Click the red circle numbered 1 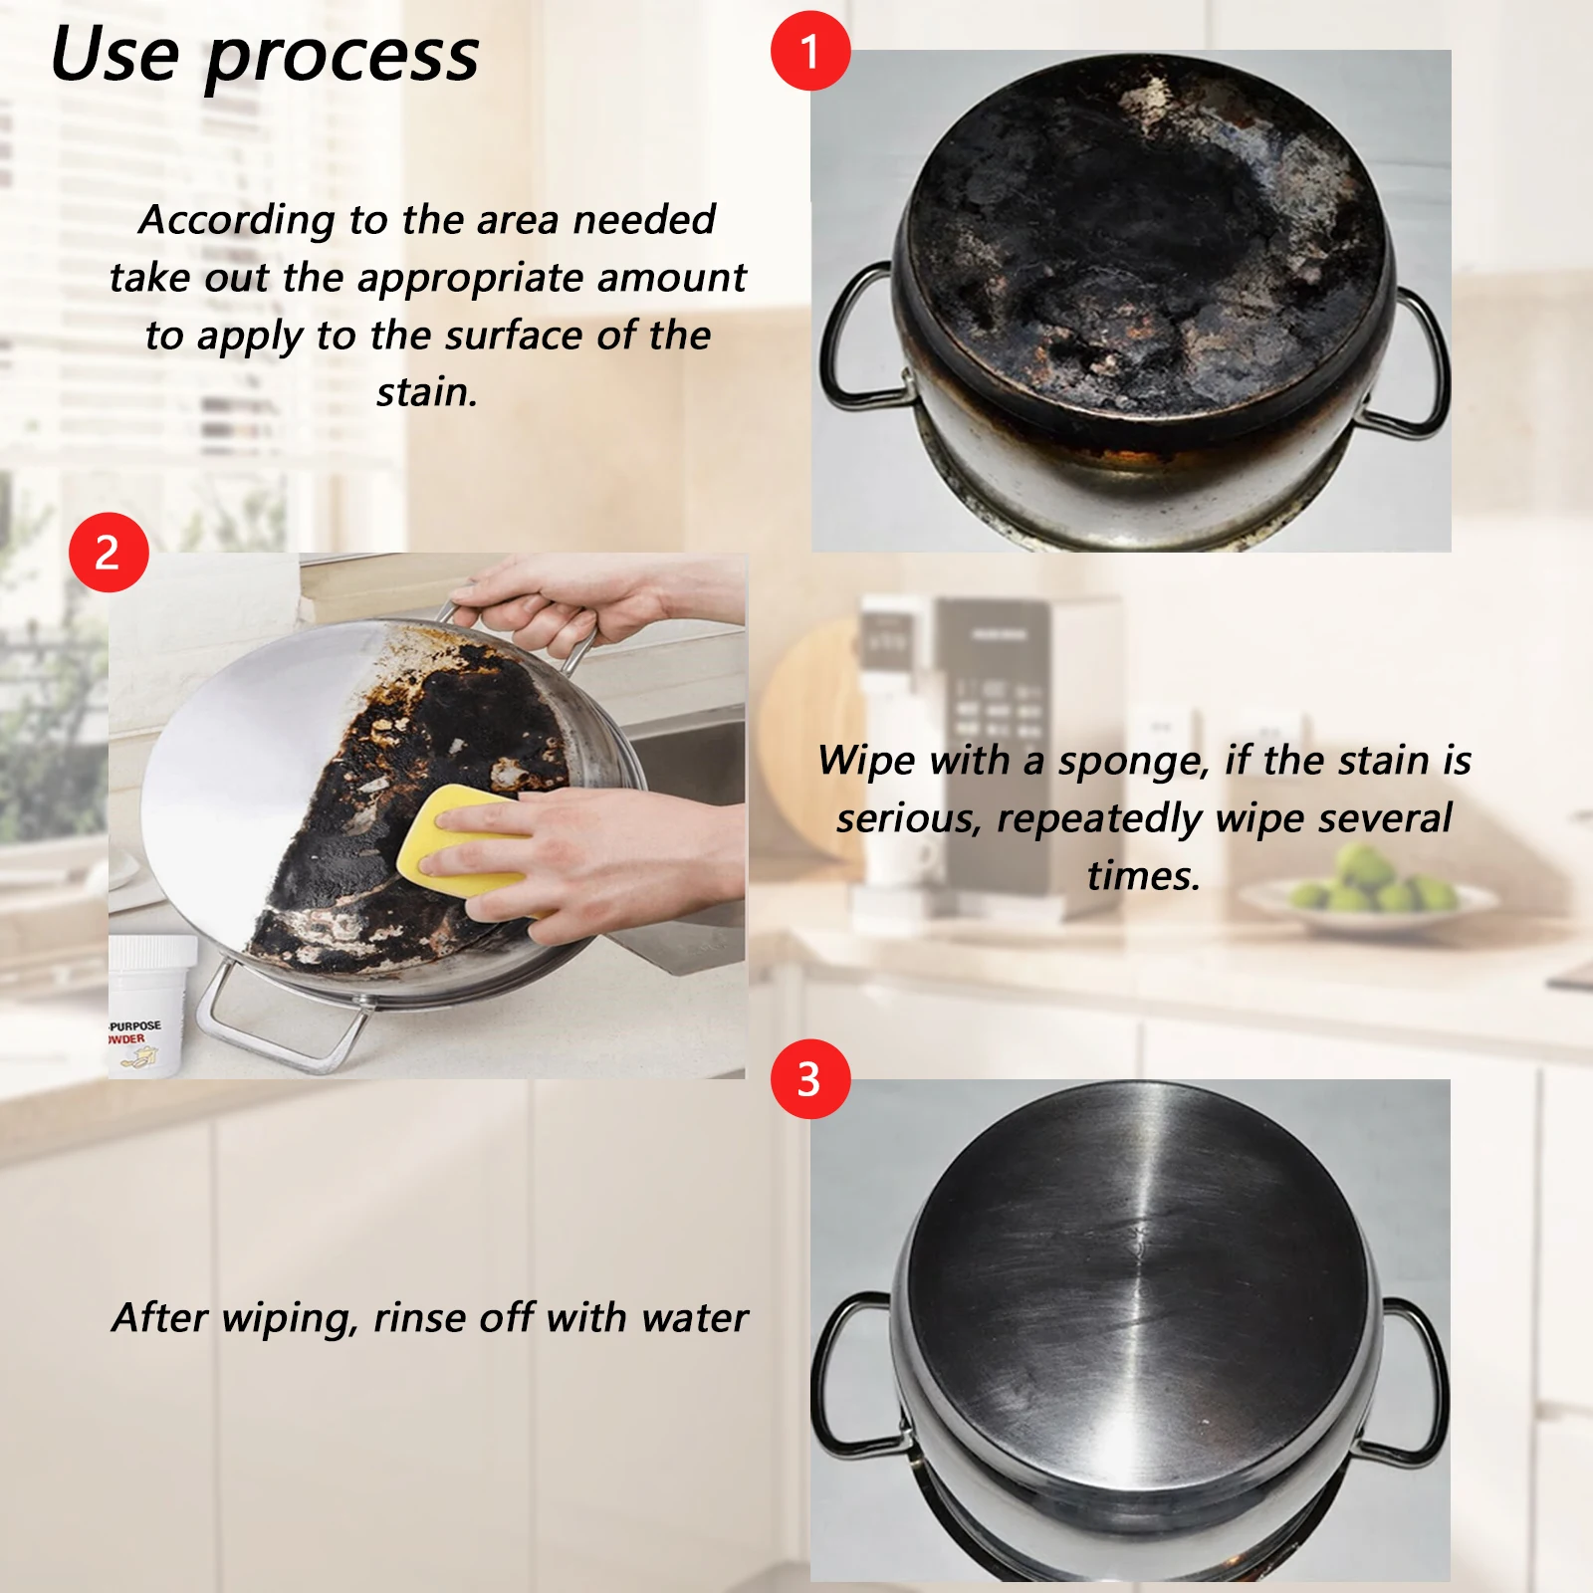tap(810, 51)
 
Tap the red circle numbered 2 tap(109, 553)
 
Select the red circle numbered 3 tap(810, 1079)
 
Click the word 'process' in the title tap(341, 57)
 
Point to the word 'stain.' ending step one tap(427, 392)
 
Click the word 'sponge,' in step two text tap(1134, 762)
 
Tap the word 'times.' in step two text tap(1144, 876)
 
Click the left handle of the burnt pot tap(854, 339)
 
